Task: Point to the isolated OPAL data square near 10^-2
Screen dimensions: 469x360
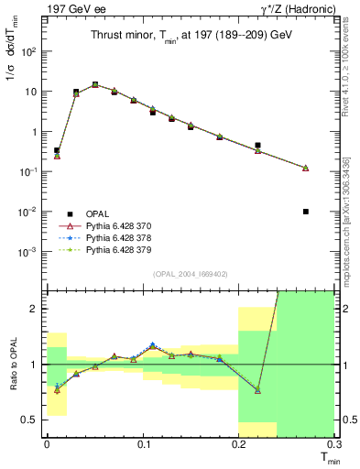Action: click(305, 212)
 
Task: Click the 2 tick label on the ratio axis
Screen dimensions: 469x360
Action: click(35, 309)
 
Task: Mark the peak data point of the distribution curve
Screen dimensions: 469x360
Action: click(94, 84)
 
